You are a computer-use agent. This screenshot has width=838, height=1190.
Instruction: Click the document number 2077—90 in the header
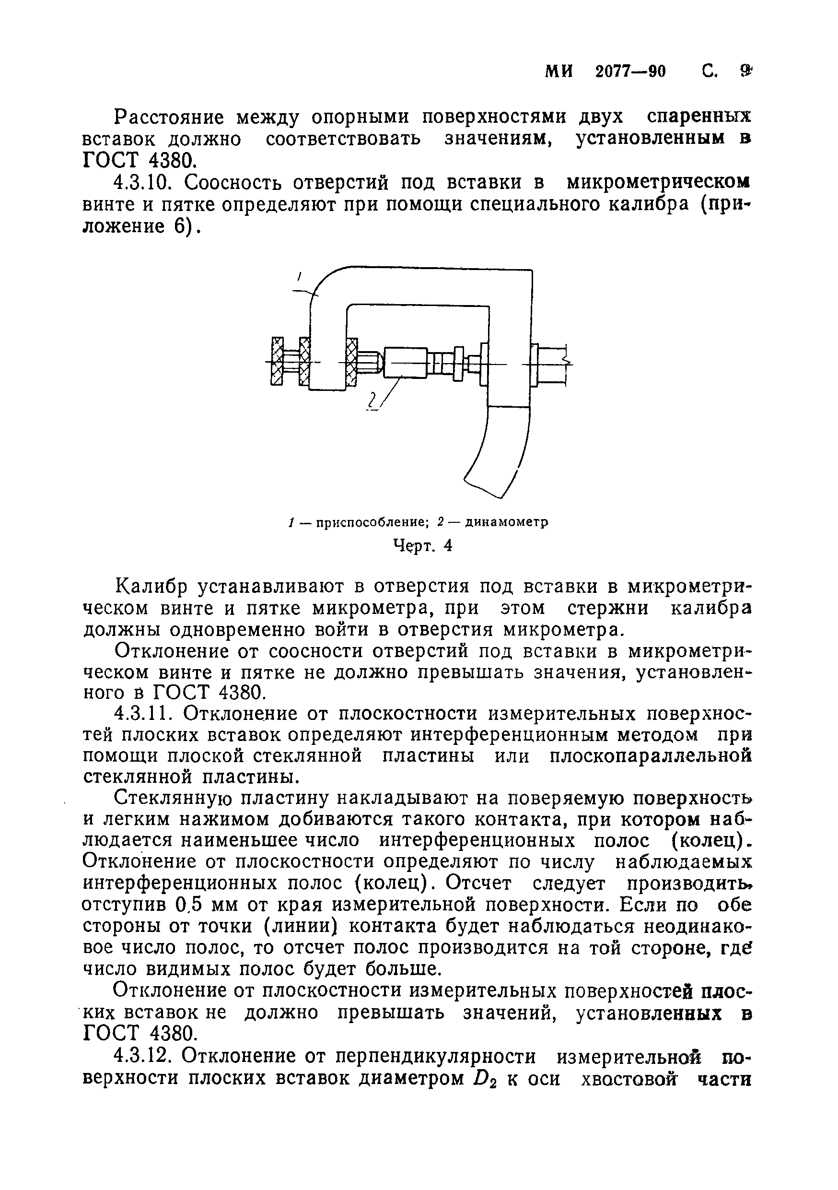coord(630,71)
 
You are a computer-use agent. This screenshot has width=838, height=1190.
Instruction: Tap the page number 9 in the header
coord(745,71)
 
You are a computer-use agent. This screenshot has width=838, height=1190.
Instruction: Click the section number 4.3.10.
coord(146,183)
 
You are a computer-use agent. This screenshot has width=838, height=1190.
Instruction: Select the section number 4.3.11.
coord(146,714)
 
